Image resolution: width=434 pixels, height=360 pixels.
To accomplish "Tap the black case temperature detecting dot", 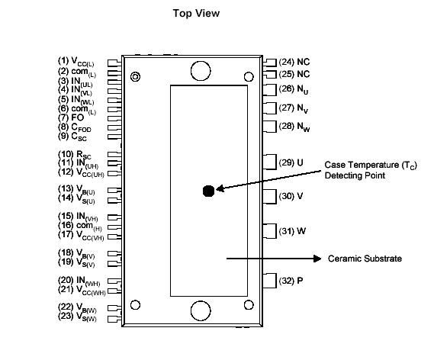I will pyautogui.click(x=208, y=191).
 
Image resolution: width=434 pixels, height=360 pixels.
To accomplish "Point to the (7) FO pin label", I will pyautogui.click(x=73, y=118).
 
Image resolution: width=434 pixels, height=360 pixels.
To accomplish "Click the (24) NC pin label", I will pyautogui.click(x=294, y=62).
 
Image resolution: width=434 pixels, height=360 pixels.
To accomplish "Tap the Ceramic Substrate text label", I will pyautogui.click(x=365, y=259).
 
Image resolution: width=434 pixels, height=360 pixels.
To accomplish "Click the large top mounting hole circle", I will pyautogui.click(x=200, y=71).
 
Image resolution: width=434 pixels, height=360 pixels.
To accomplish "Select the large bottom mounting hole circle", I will pyautogui.click(x=200, y=310).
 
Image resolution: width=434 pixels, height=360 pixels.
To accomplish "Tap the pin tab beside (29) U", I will pyautogui.click(x=268, y=161).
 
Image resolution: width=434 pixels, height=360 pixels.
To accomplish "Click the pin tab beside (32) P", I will pyautogui.click(x=268, y=280).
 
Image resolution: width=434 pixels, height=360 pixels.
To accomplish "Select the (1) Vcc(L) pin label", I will pyautogui.click(x=81, y=62).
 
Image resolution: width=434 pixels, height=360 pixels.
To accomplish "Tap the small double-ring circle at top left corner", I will pyautogui.click(x=136, y=76).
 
